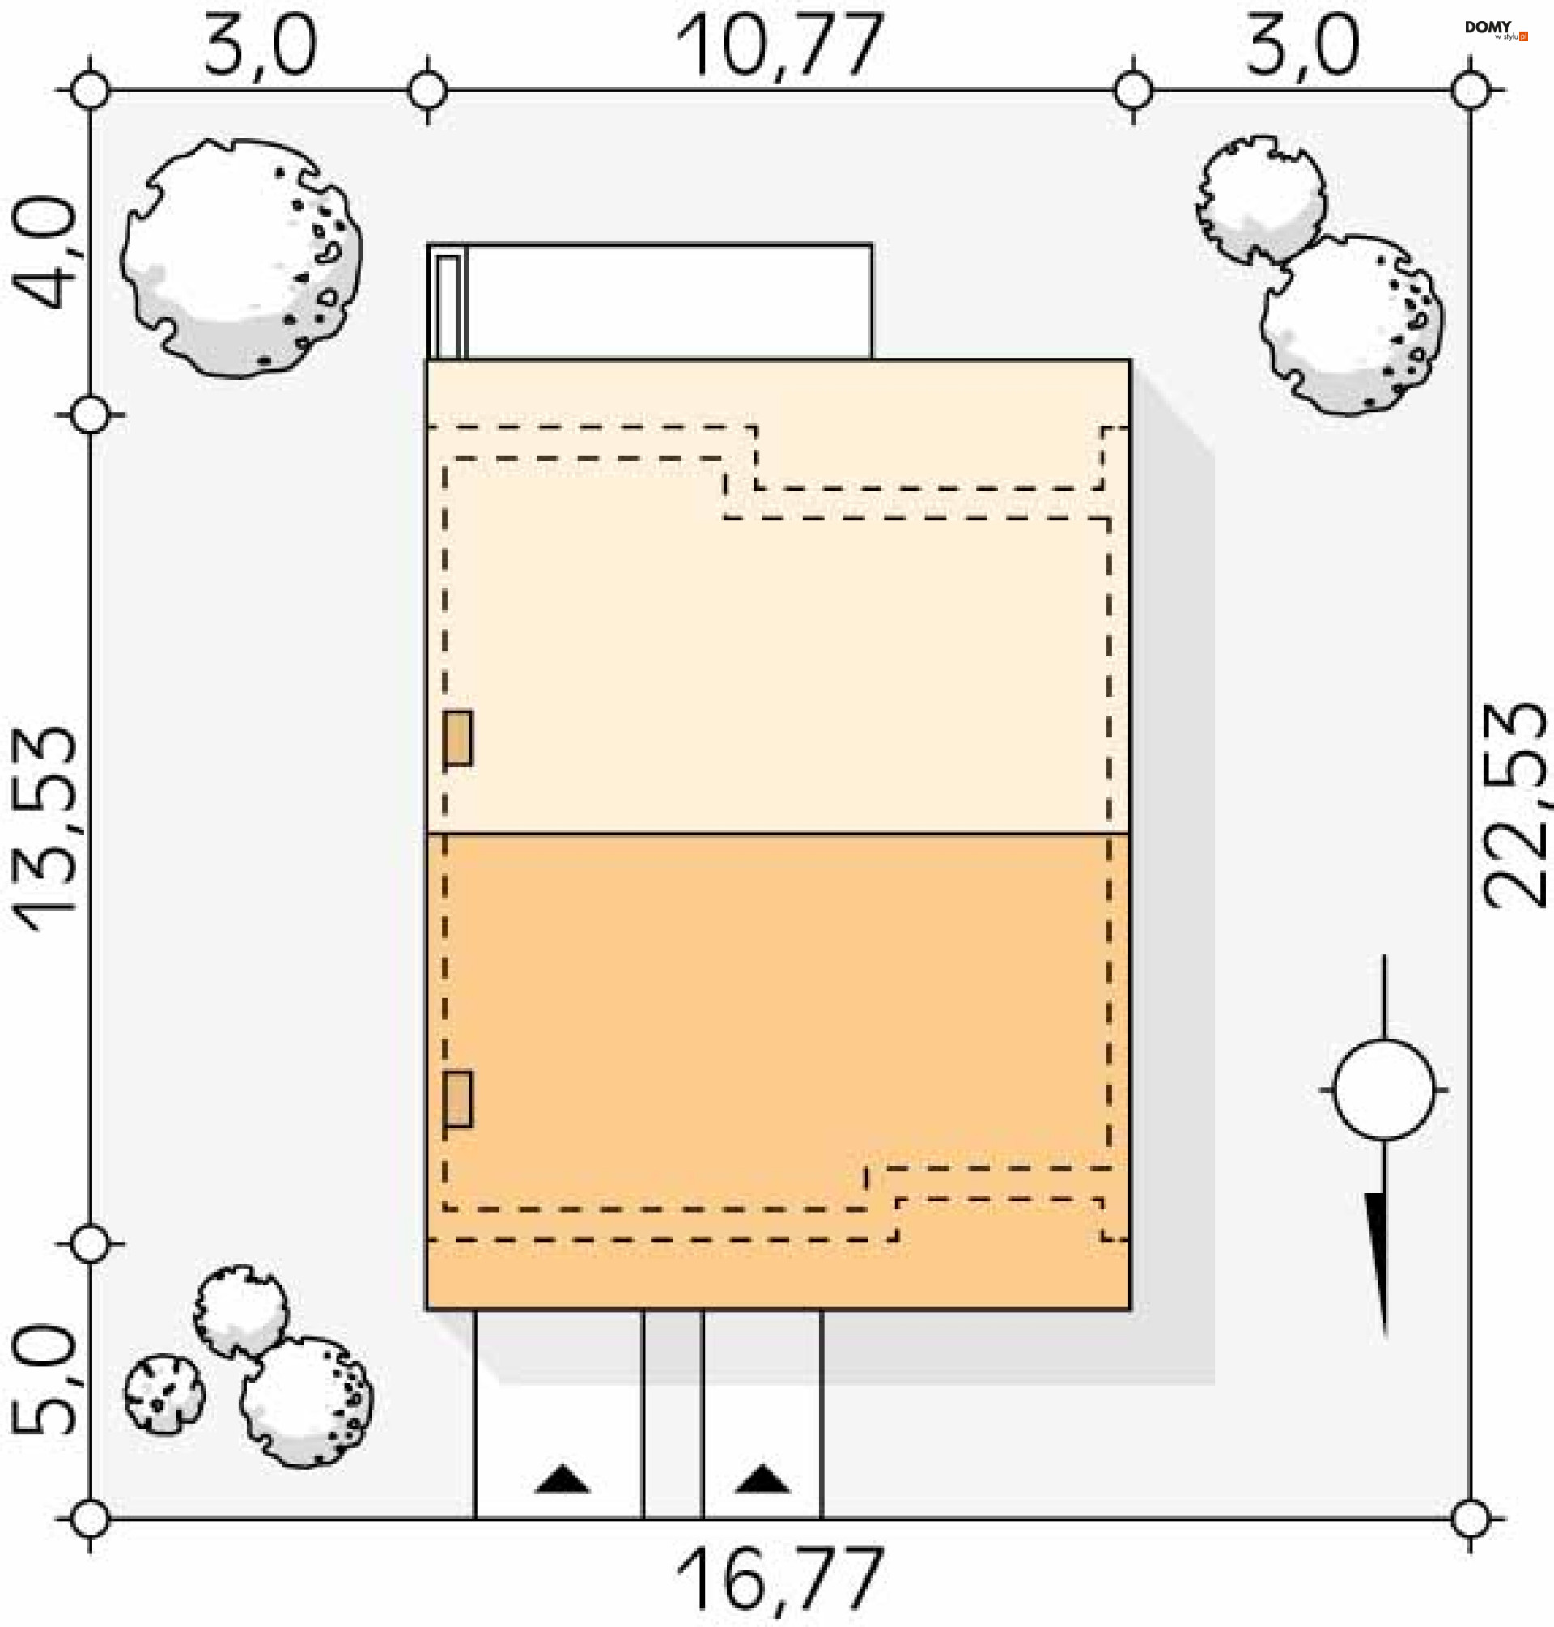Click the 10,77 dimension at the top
779,47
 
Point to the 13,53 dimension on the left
43,828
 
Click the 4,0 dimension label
43,253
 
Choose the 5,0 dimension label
43,1379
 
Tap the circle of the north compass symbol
1384,1090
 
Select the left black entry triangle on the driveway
563,1480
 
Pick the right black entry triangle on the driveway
762,1480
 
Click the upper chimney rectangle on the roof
458,737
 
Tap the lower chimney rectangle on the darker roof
458,1099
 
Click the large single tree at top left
240,257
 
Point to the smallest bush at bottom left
164,1394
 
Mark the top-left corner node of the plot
91,90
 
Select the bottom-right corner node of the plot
1471,1519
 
